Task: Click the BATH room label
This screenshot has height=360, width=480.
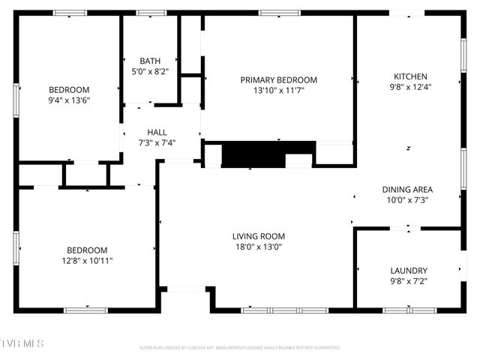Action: [x=150, y=61]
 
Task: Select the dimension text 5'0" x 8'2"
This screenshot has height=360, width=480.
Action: [x=150, y=71]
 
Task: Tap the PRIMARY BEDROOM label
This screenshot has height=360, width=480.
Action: [x=278, y=79]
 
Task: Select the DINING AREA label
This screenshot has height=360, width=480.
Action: [x=407, y=190]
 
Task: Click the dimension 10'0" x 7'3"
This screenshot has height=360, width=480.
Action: [x=407, y=200]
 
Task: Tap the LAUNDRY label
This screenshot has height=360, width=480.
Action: [x=409, y=271]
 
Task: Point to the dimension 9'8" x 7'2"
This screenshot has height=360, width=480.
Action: [x=409, y=281]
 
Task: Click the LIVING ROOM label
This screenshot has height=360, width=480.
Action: [x=258, y=236]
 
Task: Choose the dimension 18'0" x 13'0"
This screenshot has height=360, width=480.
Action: [x=258, y=247]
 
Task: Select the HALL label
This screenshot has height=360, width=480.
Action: [x=157, y=132]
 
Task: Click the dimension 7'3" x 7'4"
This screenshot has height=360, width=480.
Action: [x=157, y=142]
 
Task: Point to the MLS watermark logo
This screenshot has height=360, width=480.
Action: [x=22, y=343]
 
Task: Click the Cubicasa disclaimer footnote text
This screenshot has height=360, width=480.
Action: [x=240, y=348]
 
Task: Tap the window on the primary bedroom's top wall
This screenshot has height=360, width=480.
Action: [x=280, y=13]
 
